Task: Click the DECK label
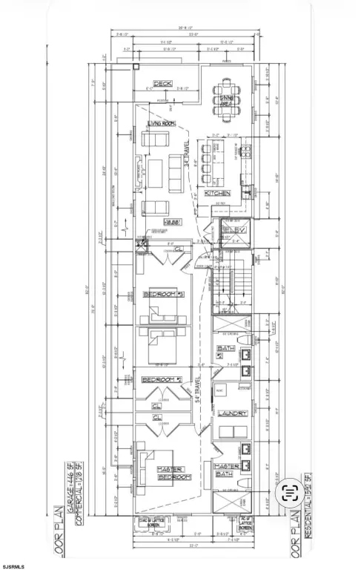pyautogui.click(x=162, y=83)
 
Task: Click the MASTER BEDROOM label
pyautogui.click(x=173, y=473)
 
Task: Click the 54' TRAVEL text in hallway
pyautogui.click(x=198, y=389)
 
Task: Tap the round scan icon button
pyautogui.click(x=291, y=490)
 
